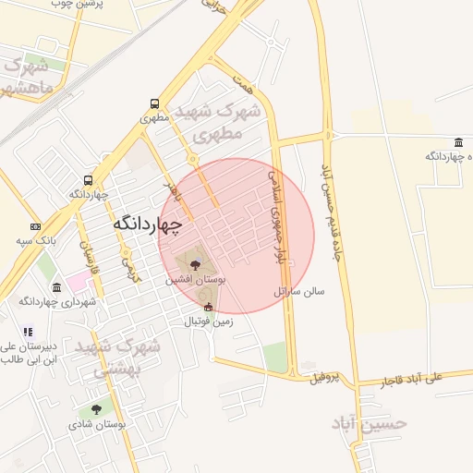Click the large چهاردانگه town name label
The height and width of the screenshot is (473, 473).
coord(148,224)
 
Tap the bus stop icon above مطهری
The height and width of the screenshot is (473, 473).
coord(153,104)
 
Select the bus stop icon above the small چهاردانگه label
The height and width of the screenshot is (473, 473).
coord(88,181)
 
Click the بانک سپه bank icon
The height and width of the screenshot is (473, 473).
coord(35,226)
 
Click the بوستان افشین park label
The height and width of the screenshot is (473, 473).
coord(197,278)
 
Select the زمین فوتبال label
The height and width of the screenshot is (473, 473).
coord(209,321)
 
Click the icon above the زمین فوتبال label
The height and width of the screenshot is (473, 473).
coord(208,308)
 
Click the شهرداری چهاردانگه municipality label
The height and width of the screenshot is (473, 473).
coord(52,302)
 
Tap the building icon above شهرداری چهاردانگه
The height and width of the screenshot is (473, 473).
coord(57,287)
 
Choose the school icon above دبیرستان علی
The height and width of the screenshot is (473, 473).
coord(28,332)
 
